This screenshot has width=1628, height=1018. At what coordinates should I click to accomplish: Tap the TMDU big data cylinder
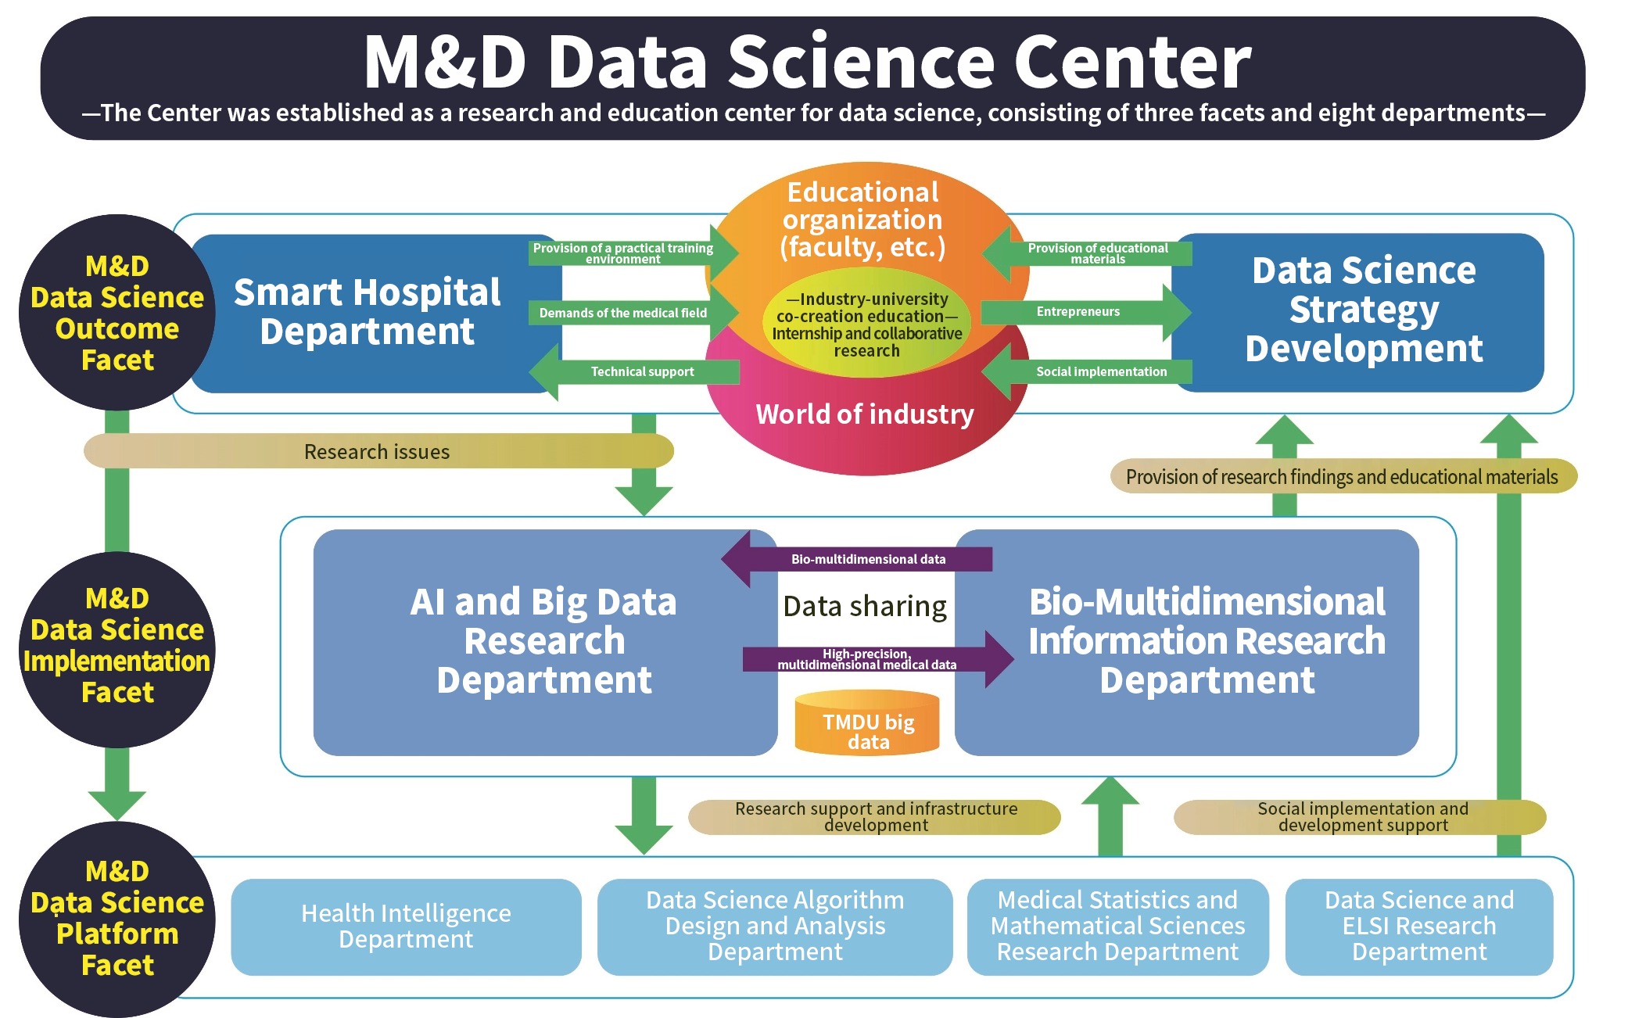pyautogui.click(x=867, y=722)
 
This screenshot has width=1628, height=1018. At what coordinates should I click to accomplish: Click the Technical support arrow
pyautogui.click(x=634, y=371)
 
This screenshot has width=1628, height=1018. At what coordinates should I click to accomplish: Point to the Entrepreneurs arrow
pyautogui.click(x=1086, y=312)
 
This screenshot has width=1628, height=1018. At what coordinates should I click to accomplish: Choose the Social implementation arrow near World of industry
pyautogui.click(x=1086, y=371)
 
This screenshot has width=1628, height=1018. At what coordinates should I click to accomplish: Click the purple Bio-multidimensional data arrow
pyautogui.click(x=856, y=559)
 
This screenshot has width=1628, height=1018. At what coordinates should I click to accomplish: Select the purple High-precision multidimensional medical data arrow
pyautogui.click(x=878, y=659)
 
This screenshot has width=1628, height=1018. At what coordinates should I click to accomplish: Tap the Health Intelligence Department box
pyautogui.click(x=406, y=927)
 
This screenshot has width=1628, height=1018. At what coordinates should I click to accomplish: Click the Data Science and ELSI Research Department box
pyautogui.click(x=1419, y=927)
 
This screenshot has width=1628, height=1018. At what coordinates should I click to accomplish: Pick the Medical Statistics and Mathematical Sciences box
pyautogui.click(x=1117, y=927)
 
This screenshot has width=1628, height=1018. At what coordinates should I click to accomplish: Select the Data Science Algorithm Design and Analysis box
pyautogui.click(x=775, y=927)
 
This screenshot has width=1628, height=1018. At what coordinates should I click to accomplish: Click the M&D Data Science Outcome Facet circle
pyautogui.click(x=117, y=313)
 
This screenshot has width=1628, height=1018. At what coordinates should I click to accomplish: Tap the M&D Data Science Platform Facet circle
pyautogui.click(x=117, y=919)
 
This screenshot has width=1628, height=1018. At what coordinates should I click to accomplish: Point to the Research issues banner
pyautogui.click(x=378, y=451)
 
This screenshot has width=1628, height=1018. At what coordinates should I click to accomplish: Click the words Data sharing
pyautogui.click(x=865, y=606)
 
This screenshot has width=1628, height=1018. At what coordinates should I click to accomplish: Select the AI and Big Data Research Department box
pyautogui.click(x=545, y=642)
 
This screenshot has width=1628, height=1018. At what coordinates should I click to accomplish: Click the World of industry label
pyautogui.click(x=865, y=414)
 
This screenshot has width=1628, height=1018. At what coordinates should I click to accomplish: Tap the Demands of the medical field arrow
pyautogui.click(x=634, y=313)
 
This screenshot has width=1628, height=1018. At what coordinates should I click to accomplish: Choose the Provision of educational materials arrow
pyautogui.click(x=1086, y=253)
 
